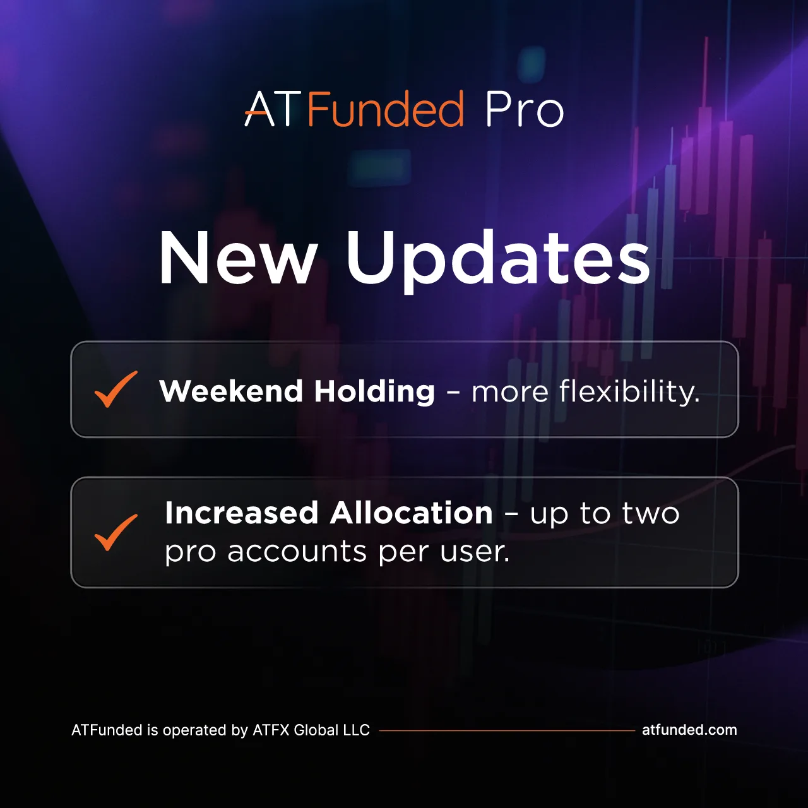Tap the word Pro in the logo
(x=524, y=109)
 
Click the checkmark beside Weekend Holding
(x=116, y=389)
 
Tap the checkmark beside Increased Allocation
(x=116, y=532)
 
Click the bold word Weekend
(x=231, y=391)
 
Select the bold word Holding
(x=375, y=391)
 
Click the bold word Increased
(x=242, y=513)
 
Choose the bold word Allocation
(x=411, y=513)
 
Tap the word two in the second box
(x=651, y=513)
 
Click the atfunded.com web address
(x=689, y=730)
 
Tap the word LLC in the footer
(x=357, y=730)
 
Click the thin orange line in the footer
(x=507, y=730)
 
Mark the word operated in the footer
(x=194, y=731)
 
